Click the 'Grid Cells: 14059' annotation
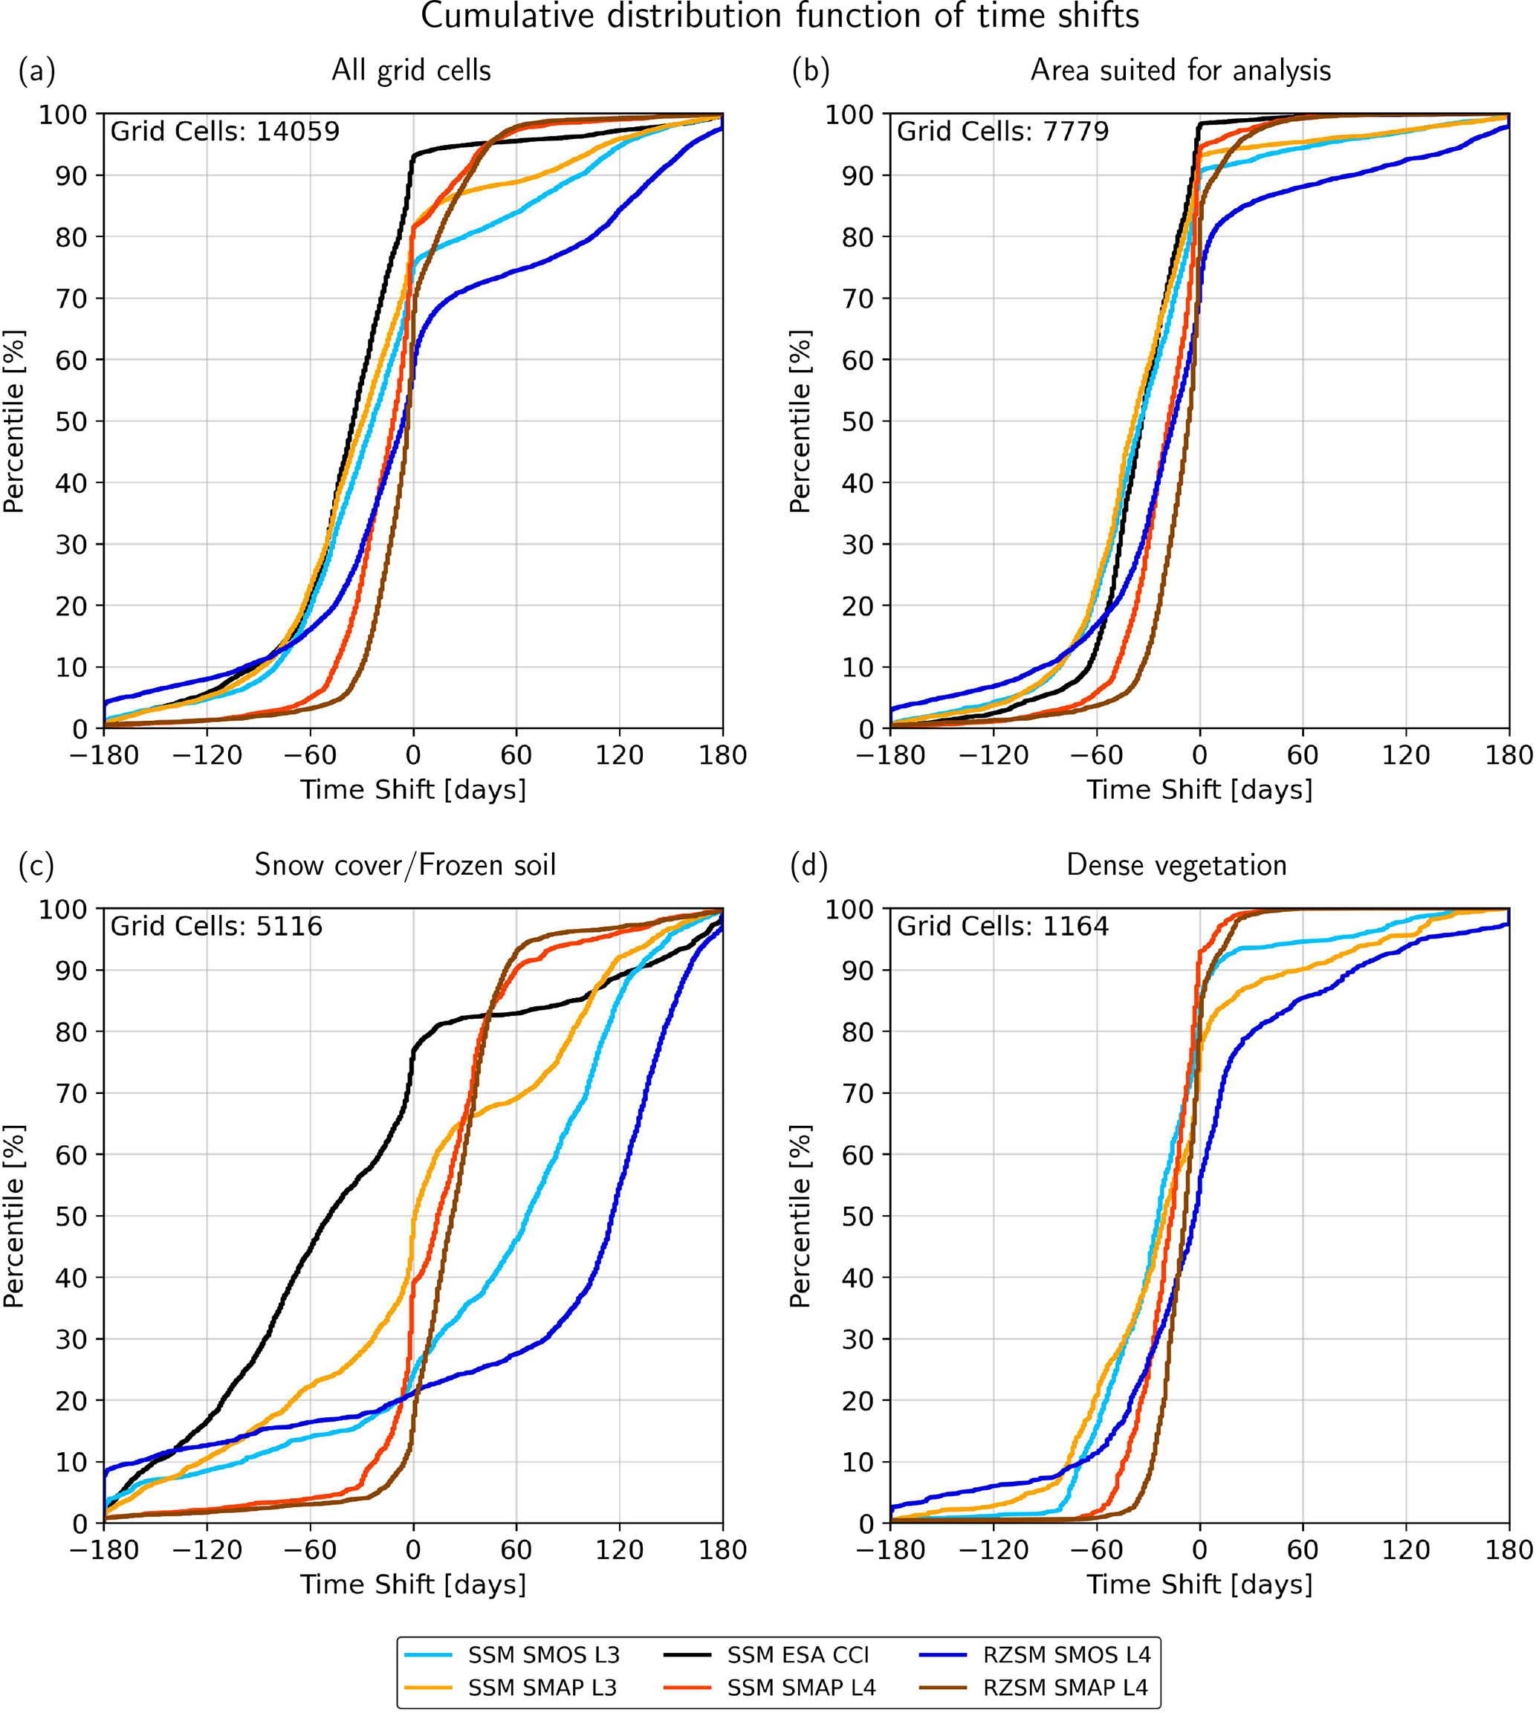tap(224, 132)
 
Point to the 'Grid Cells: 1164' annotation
tap(1002, 927)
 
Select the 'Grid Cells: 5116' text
tap(216, 927)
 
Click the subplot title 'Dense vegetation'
tap(1176, 865)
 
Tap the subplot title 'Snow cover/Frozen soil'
tap(405, 865)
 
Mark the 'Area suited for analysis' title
tap(1180, 70)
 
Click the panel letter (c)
tap(36, 866)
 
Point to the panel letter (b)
tap(810, 71)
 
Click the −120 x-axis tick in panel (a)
tap(207, 754)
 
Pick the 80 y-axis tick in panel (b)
tap(858, 237)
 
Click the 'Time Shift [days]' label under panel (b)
tap(1199, 790)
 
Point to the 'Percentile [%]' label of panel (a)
tap(13, 421)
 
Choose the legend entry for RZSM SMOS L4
tap(1065, 1655)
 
